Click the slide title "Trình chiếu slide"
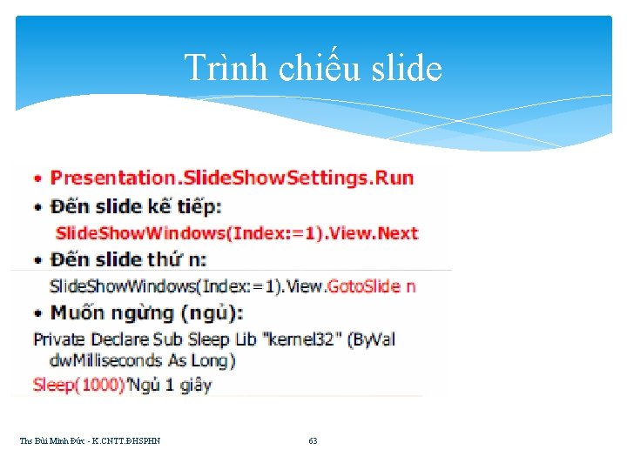pos(313,68)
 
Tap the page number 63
pos(313,441)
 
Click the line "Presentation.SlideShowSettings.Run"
pos(232,178)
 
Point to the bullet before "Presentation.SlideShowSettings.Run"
pos(37,179)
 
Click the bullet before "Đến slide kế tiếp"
pos(37,207)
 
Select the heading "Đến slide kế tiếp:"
pos(136,206)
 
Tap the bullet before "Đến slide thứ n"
pos(37,259)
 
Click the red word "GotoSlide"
pos(363,285)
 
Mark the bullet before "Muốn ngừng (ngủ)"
pos(37,313)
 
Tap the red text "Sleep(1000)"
pos(78,384)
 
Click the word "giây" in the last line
pos(195,384)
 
